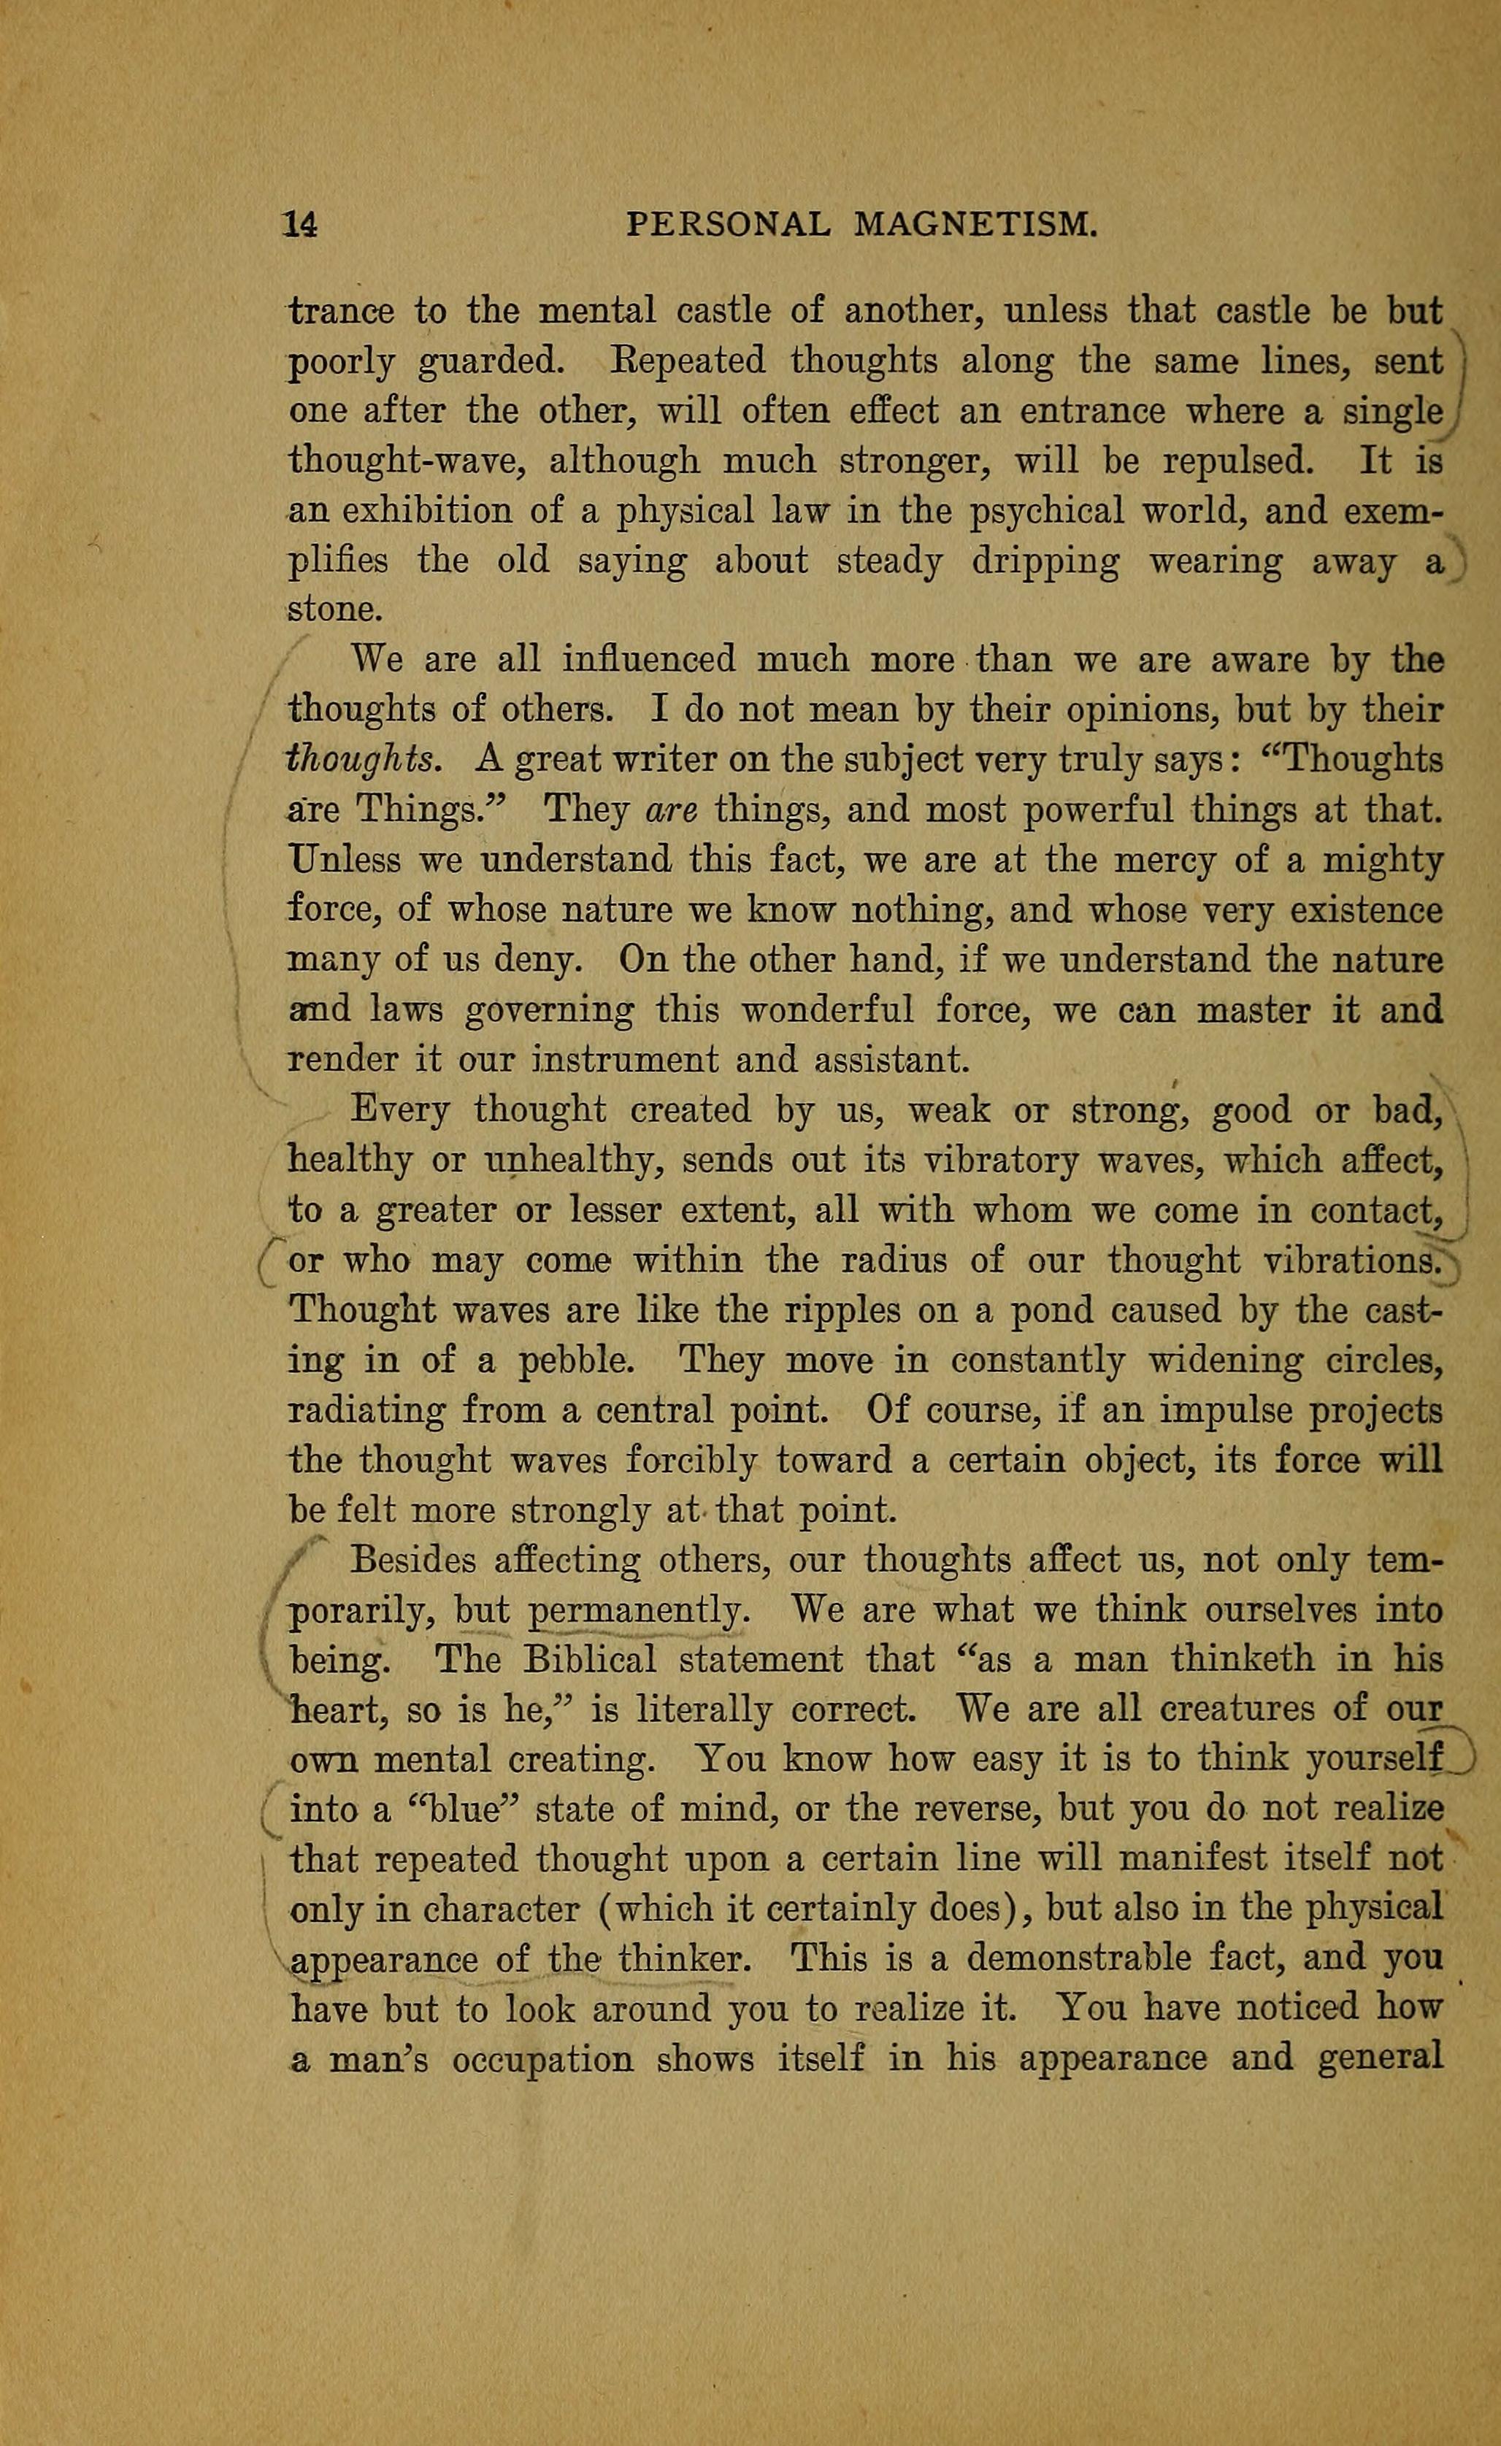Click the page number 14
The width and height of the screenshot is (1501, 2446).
tap(300, 226)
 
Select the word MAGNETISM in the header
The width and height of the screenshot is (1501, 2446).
tap(975, 226)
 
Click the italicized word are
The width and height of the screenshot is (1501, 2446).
tap(670, 811)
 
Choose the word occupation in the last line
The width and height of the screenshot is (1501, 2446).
tap(542, 2059)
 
